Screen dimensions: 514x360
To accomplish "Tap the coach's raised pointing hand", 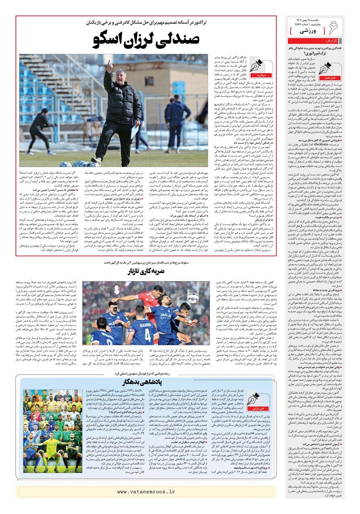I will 109,65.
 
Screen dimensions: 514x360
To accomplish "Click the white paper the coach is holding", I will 135,131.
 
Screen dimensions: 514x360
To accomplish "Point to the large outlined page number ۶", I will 334,27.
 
